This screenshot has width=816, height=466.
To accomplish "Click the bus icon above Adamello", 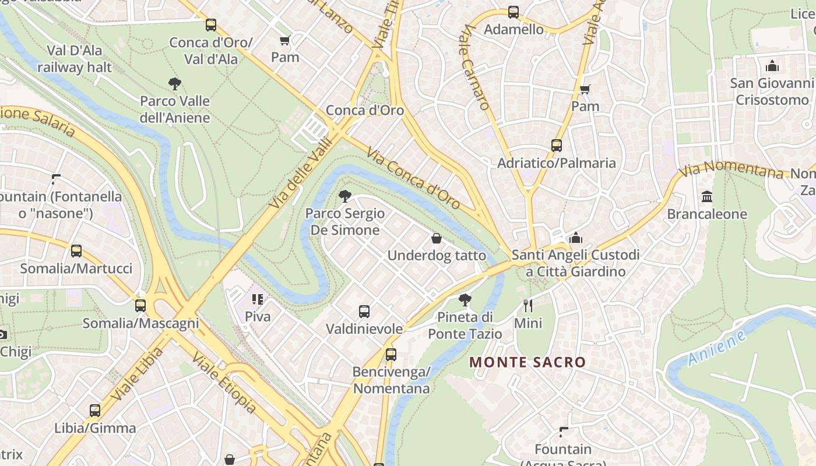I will [x=513, y=12].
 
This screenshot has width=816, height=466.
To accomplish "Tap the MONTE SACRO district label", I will [x=527, y=362].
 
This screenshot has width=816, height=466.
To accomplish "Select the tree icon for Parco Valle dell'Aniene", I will [x=174, y=84].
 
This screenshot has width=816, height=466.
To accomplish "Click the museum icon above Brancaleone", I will [x=707, y=197].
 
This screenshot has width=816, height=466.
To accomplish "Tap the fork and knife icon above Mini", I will [x=528, y=305].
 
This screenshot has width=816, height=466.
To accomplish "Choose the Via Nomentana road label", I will [x=731, y=170].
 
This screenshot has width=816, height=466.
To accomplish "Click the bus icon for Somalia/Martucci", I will [x=76, y=251].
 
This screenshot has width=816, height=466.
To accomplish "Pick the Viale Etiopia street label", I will [x=224, y=383].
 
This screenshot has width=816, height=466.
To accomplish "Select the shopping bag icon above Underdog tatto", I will [x=436, y=238].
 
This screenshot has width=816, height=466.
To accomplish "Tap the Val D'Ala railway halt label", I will [x=74, y=59].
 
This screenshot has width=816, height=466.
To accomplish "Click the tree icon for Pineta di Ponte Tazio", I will [x=465, y=300].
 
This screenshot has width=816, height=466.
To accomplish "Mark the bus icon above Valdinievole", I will [x=364, y=312].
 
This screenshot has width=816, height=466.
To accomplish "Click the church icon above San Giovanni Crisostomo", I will [x=772, y=66].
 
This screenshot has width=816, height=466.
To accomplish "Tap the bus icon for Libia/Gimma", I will [x=95, y=411].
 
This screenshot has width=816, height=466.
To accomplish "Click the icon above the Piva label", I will [x=258, y=299].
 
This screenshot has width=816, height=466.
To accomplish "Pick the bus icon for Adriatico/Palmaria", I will [x=557, y=146].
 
